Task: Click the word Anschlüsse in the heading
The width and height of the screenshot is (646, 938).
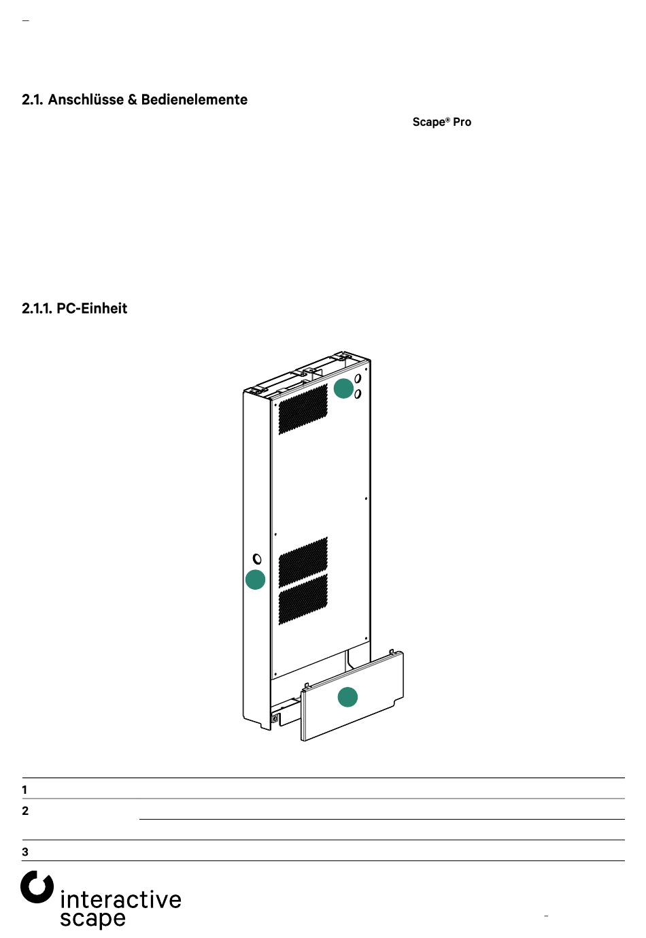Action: (86, 100)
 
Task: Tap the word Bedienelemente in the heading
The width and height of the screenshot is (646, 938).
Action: (194, 100)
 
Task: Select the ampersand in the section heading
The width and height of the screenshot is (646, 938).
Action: (133, 100)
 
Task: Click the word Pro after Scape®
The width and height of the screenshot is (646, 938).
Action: (462, 122)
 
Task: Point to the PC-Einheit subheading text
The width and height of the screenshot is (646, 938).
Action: (92, 308)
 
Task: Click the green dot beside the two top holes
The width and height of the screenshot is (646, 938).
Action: (343, 388)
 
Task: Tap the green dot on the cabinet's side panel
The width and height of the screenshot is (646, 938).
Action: (255, 580)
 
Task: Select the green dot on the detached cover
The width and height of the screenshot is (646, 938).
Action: (347, 697)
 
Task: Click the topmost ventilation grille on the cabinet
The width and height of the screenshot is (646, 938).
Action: (303, 409)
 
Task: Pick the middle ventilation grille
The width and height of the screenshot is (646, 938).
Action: (303, 562)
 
